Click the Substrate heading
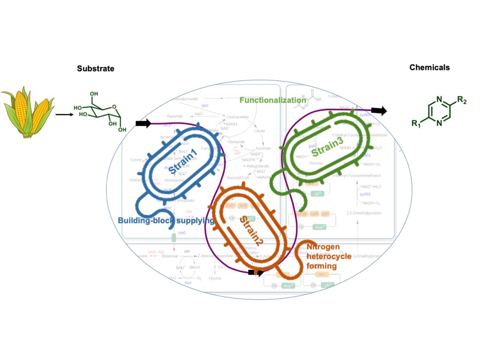click(x=95, y=69)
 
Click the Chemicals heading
click(x=430, y=67)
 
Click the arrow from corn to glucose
click(x=64, y=114)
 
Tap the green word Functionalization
click(x=273, y=100)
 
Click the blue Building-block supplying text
click(x=166, y=220)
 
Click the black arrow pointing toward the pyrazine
click(x=379, y=111)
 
